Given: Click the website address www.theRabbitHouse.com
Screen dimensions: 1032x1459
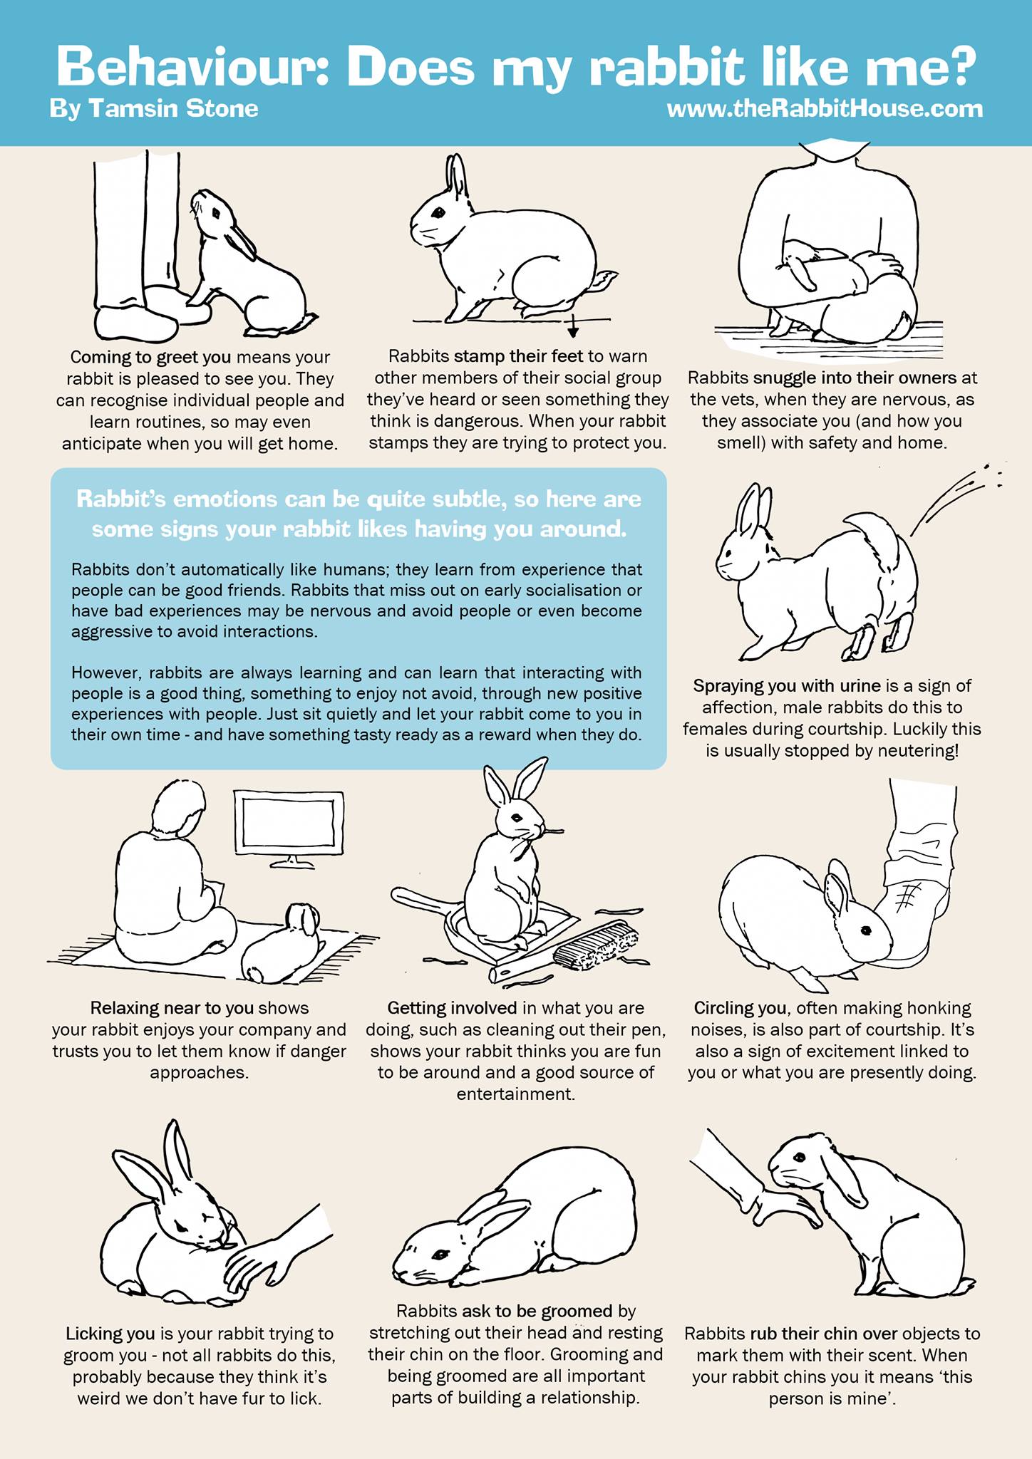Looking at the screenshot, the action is pos(825,109).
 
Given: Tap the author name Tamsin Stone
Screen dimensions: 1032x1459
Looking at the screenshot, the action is pos(173,109).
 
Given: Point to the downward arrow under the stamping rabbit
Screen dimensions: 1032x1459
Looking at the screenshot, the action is pos(572,327).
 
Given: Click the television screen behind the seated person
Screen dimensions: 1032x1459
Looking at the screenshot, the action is pos(289,824).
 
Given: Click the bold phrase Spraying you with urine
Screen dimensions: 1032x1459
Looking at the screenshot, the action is pos(787,686).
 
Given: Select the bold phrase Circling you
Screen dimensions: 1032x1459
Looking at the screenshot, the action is pos(740,1008).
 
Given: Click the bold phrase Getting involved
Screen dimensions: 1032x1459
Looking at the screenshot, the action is pos(452,1008).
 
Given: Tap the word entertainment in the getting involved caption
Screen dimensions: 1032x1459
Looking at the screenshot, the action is pos(516,1094).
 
